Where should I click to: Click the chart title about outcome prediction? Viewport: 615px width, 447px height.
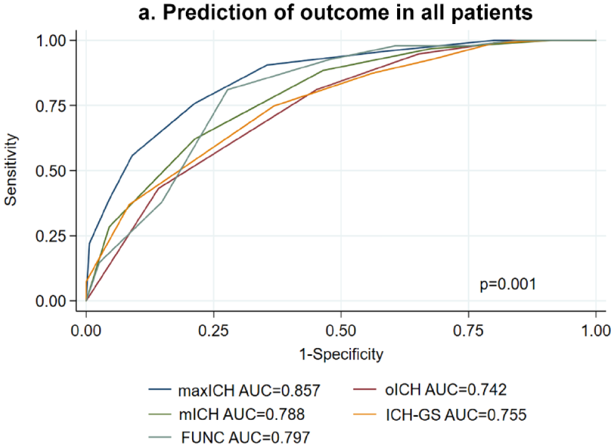336,12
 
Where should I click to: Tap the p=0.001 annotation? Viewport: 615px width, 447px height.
508,285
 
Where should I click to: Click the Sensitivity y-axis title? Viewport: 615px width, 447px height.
10,170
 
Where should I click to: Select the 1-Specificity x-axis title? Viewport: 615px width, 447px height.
341,354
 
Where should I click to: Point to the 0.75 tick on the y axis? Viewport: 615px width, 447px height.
51,106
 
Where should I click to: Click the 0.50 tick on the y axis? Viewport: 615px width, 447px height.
51,171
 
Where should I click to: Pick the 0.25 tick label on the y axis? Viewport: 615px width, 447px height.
51,236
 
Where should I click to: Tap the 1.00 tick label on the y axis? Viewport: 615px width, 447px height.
51,41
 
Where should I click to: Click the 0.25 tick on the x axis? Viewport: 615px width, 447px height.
214,331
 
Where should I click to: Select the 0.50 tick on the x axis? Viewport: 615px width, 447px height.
341,331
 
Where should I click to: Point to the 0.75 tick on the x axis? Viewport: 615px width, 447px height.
468,331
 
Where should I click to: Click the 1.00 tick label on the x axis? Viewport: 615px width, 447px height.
596,331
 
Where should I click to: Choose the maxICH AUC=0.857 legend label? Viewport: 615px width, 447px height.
249,390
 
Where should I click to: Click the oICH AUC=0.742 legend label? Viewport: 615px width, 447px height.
446,390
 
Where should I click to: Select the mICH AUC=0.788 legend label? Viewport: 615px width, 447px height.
241,414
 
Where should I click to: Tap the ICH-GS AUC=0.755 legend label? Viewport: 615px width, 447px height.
456,414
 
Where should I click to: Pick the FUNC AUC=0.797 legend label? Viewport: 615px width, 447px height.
246,437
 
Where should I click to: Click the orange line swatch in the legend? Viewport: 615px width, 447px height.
364,414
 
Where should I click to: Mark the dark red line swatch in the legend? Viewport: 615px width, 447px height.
364,389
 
